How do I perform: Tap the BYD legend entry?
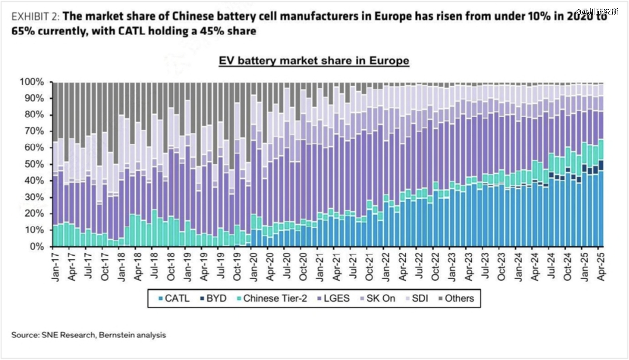point(214,299)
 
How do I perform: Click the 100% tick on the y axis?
point(32,82)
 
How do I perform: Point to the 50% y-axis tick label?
point(34,164)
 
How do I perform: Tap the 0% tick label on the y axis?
point(37,247)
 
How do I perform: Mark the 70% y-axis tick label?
point(34,132)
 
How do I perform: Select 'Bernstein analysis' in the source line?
point(132,335)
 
